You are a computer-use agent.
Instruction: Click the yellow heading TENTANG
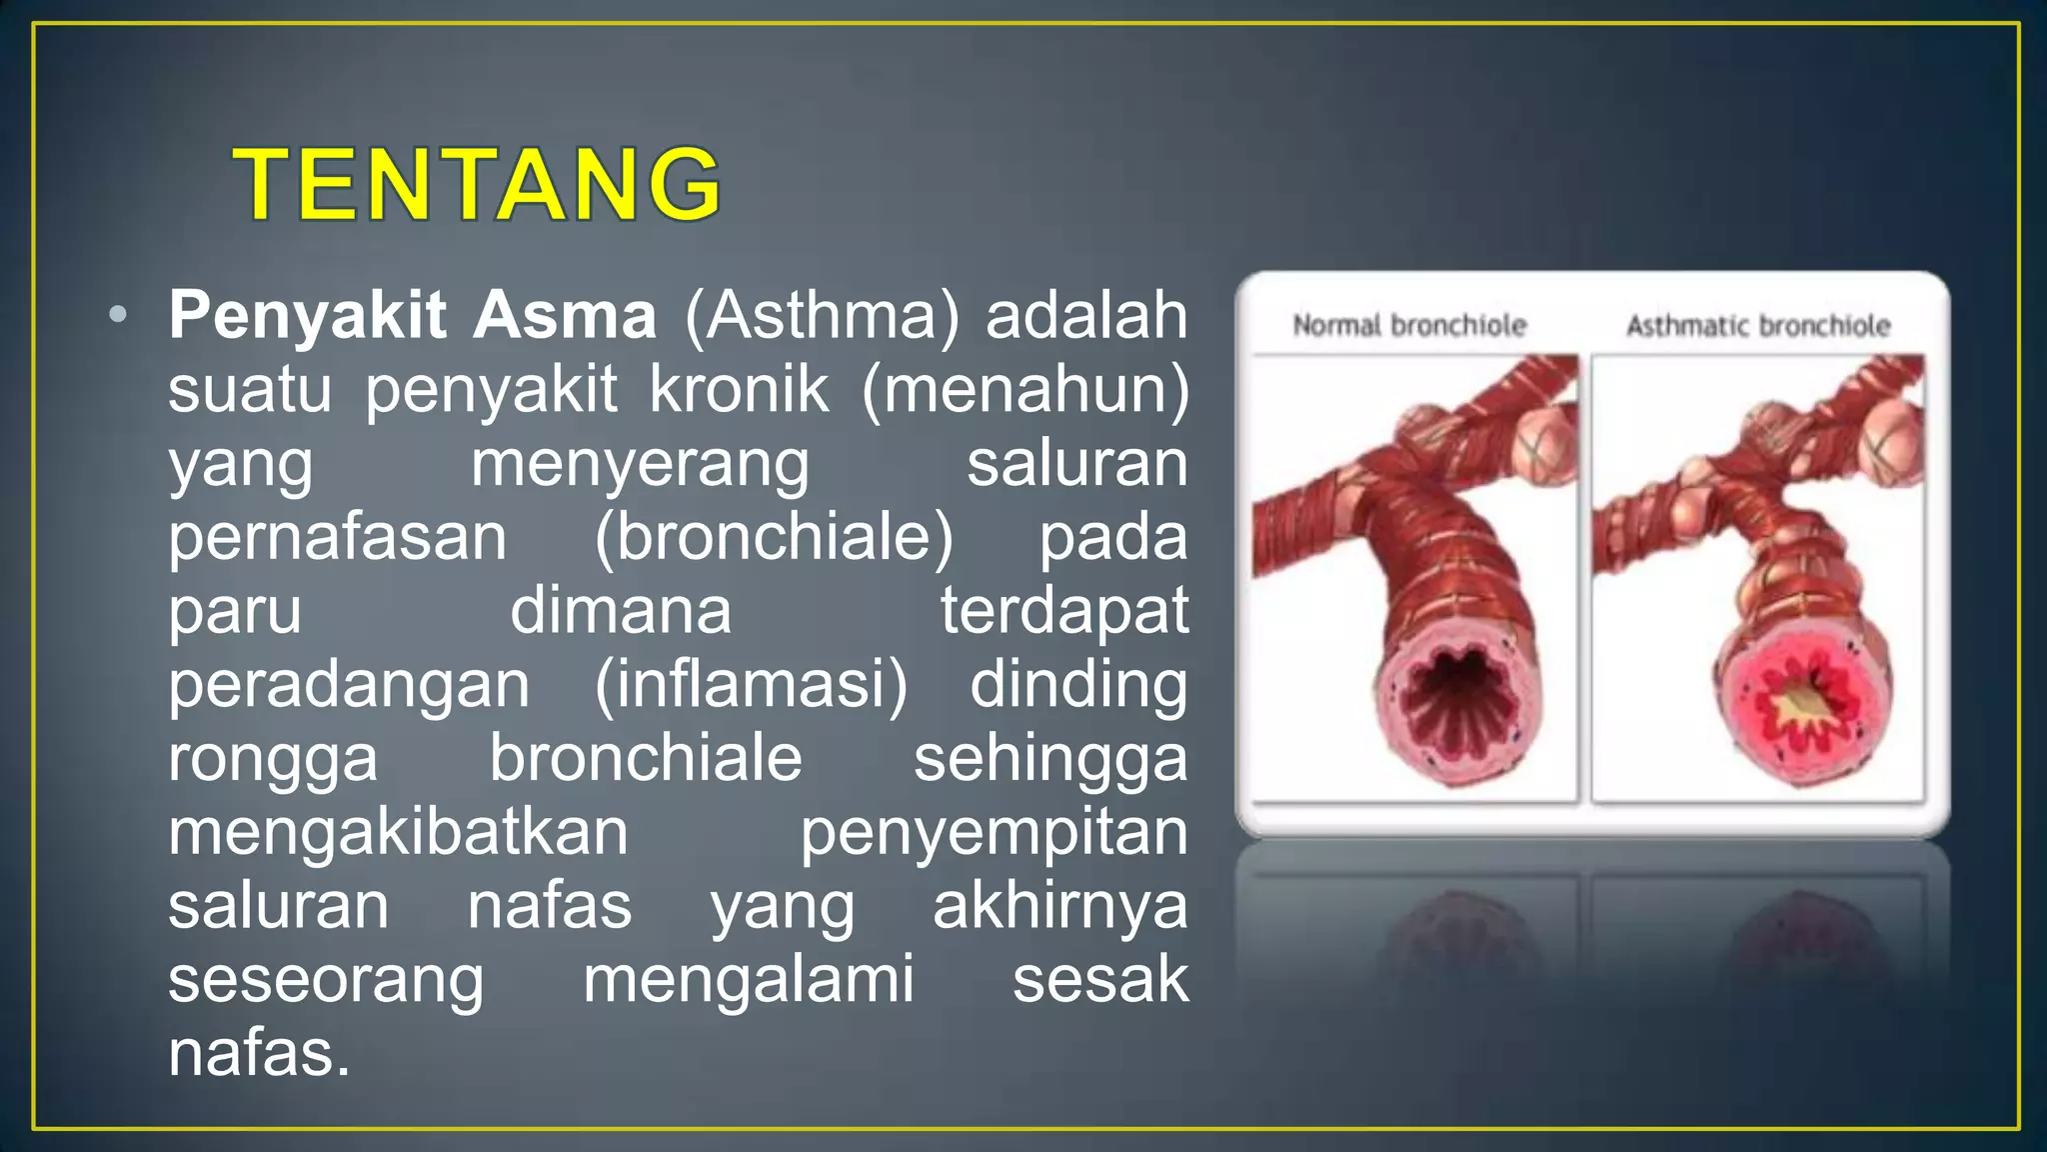[477, 184]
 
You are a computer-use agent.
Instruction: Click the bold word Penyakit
[307, 315]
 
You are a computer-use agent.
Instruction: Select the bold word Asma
[565, 315]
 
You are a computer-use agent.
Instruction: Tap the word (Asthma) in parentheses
[822, 316]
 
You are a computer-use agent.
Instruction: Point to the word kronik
[739, 389]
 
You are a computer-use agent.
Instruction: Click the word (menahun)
[1025, 389]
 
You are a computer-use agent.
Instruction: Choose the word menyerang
[640, 464]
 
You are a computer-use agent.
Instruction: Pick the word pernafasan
[338, 538]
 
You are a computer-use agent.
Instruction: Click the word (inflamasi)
[751, 685]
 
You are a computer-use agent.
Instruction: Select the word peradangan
[349, 686]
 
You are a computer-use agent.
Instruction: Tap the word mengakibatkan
[398, 832]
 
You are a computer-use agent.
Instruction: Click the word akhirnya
[1059, 907]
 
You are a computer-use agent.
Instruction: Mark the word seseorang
[326, 980]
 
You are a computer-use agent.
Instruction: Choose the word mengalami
[749, 980]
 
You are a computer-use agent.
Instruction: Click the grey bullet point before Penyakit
[118, 315]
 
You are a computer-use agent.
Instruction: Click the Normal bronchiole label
[1409, 325]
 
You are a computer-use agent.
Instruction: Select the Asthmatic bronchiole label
[1758, 326]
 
